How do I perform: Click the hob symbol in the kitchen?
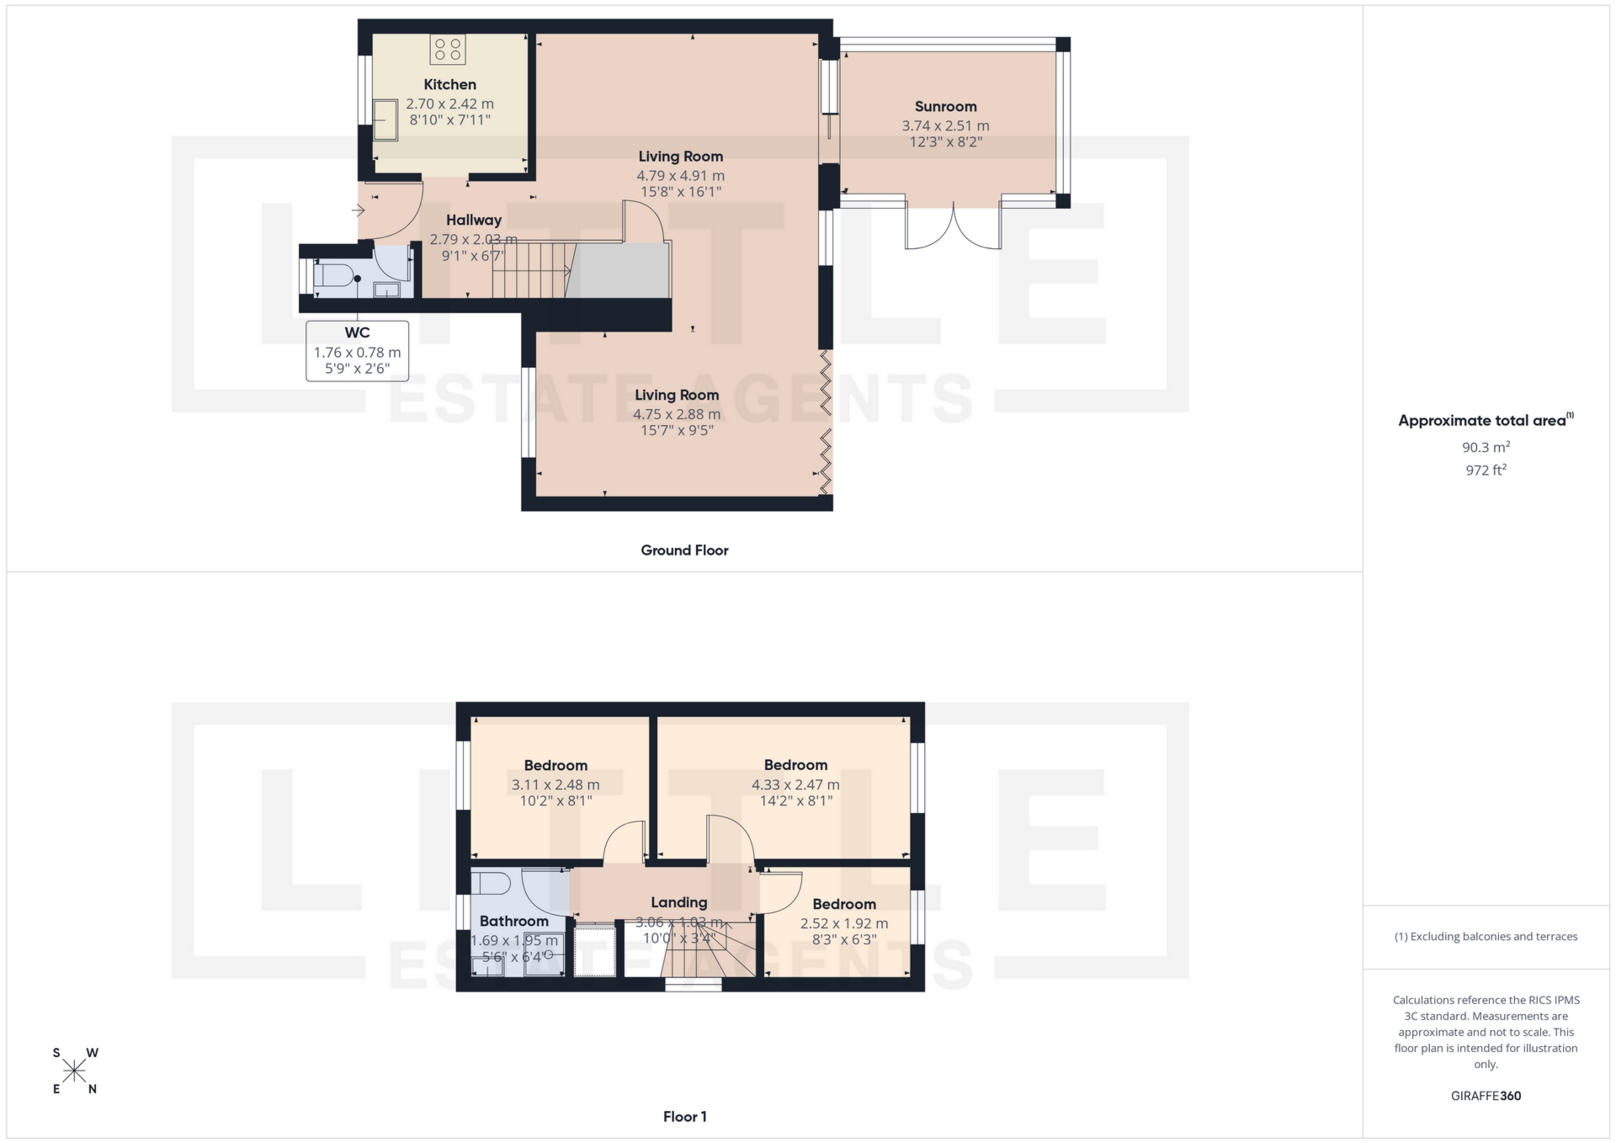pos(447,49)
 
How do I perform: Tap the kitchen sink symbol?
pos(385,120)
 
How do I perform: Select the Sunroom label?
pos(945,106)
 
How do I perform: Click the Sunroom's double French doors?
pos(953,226)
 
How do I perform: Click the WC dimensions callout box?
pos(357,351)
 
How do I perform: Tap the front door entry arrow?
pos(358,210)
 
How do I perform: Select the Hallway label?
pos(474,220)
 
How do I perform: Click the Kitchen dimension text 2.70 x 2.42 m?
pos(449,104)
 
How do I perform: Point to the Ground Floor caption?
pos(684,550)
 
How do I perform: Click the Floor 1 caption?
pos(684,1116)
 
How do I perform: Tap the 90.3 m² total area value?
pos(1486,447)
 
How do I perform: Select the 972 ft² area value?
pos(1486,470)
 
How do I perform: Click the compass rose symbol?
pos(75,1071)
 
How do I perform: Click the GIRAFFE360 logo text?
pos(1486,1095)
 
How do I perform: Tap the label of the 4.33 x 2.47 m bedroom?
pos(795,764)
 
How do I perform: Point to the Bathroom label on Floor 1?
pos(513,921)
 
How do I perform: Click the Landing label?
pos(678,901)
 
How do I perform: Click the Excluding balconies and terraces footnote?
pos(1486,936)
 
